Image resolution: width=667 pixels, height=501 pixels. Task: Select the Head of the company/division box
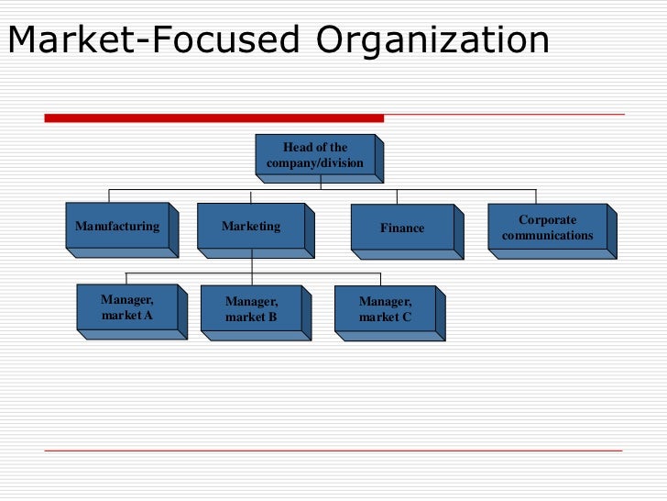(x=315, y=156)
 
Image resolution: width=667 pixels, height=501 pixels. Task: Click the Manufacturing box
(x=116, y=226)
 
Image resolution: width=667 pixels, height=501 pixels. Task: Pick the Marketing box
(x=251, y=227)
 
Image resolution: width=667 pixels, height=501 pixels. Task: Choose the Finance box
(x=402, y=228)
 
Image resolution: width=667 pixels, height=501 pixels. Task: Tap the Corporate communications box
(x=547, y=228)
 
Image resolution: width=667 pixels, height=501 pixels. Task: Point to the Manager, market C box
(x=385, y=309)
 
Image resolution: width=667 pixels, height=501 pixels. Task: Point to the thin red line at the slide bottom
(x=333, y=451)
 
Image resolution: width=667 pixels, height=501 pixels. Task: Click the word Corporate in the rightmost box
(x=548, y=220)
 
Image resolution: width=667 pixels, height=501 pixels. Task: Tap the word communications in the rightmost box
(x=548, y=236)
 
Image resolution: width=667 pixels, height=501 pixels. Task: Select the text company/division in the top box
(x=315, y=163)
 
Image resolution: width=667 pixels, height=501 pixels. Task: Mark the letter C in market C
(x=406, y=317)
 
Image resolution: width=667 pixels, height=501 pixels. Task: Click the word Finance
(x=402, y=228)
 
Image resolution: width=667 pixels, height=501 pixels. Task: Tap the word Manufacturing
(x=116, y=226)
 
